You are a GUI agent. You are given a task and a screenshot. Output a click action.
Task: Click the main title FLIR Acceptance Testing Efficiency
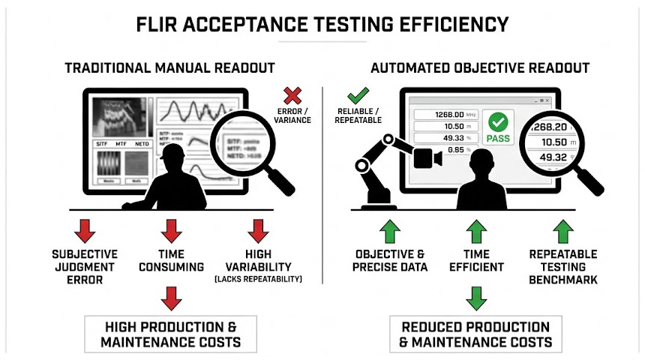(x=322, y=24)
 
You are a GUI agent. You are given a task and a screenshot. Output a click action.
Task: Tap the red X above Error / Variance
(x=292, y=96)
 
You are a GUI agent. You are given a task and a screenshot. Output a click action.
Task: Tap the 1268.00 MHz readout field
(x=442, y=115)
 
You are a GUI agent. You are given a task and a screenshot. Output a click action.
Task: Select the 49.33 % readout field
(x=442, y=138)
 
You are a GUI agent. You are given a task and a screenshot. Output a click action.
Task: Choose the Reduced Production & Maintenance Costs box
(x=475, y=334)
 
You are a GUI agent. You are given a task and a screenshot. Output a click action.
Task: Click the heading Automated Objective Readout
(x=480, y=68)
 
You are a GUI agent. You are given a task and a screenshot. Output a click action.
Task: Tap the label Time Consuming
(x=172, y=259)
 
